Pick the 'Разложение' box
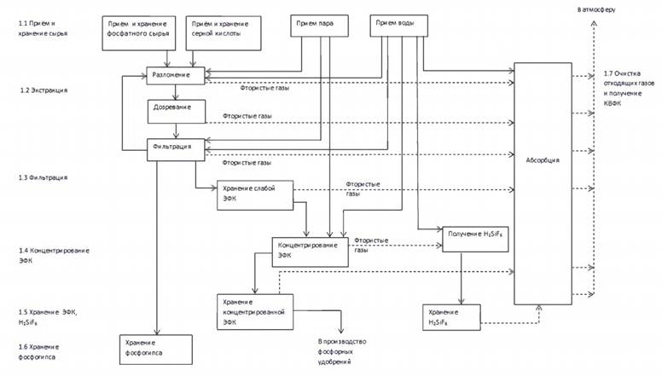176,76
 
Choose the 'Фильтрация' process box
176,147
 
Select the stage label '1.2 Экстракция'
44,90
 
